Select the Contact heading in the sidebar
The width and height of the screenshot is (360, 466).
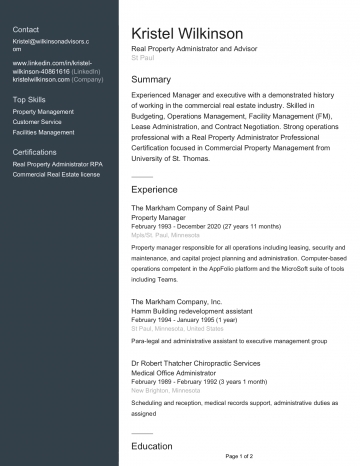(26, 29)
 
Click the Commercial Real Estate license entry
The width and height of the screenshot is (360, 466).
(56, 174)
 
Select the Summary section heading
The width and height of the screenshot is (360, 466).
(152, 79)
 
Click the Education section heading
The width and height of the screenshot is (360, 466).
(153, 446)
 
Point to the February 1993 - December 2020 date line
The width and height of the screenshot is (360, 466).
(198, 226)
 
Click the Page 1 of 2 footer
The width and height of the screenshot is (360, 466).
(240, 456)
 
